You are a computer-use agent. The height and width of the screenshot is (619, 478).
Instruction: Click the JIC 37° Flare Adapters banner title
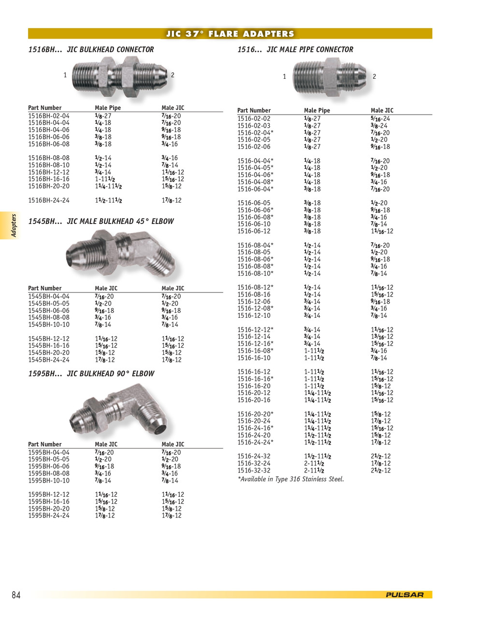click(x=230, y=34)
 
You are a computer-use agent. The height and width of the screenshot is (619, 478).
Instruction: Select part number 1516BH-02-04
click(x=49, y=116)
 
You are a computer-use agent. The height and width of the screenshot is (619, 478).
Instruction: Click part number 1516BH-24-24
click(x=49, y=200)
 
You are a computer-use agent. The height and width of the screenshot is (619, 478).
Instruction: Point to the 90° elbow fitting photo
click(x=121, y=410)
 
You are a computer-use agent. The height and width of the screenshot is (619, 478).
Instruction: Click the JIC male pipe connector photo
click(x=328, y=77)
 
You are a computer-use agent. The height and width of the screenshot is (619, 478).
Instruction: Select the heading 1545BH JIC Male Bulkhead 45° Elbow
click(x=101, y=221)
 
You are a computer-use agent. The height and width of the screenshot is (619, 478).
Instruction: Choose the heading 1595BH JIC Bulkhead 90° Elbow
click(x=91, y=374)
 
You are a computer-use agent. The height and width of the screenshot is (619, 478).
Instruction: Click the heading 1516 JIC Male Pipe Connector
click(x=295, y=49)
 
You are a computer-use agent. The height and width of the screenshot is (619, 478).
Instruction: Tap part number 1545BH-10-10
click(x=49, y=324)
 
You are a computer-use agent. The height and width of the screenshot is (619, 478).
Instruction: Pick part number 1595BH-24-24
click(x=49, y=516)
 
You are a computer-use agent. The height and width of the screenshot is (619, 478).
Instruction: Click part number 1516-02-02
click(x=254, y=118)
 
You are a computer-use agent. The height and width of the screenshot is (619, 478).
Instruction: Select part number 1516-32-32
click(x=254, y=471)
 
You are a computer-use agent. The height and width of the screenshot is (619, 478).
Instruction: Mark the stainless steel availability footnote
click(x=290, y=479)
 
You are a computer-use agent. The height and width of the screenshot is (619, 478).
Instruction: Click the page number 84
click(x=16, y=595)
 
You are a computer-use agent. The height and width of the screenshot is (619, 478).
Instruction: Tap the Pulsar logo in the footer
click(x=405, y=595)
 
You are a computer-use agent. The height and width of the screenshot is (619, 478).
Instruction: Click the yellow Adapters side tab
click(x=14, y=225)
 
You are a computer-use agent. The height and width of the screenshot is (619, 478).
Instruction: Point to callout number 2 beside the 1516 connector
click(x=374, y=76)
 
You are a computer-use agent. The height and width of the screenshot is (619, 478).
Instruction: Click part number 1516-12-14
click(x=254, y=337)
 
